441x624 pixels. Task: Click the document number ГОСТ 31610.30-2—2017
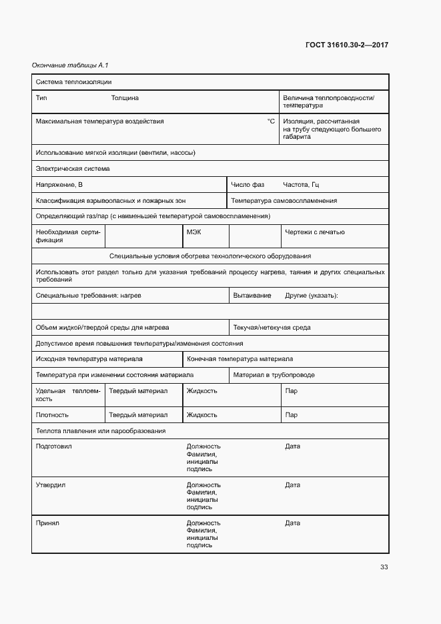click(x=347, y=45)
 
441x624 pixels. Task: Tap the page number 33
click(x=384, y=567)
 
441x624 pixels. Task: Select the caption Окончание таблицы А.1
click(x=70, y=65)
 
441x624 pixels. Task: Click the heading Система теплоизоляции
click(x=73, y=82)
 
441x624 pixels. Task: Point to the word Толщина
click(x=125, y=98)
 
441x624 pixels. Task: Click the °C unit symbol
click(x=271, y=121)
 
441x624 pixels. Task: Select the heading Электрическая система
click(x=73, y=169)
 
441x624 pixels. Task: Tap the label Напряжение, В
click(x=59, y=185)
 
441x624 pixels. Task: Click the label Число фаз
click(x=248, y=185)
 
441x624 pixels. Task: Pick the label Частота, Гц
click(x=306, y=185)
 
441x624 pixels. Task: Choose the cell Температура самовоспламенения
click(x=284, y=201)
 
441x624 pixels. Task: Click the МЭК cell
click(x=193, y=232)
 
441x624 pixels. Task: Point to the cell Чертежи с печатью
click(x=314, y=232)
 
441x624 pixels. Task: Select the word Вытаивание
click(x=252, y=296)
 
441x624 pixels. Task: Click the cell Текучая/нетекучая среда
click(x=271, y=328)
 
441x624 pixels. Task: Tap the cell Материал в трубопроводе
click(x=274, y=375)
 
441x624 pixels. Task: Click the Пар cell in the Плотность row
click(x=291, y=415)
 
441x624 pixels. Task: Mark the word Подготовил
click(x=53, y=446)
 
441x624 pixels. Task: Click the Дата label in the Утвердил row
click(x=292, y=485)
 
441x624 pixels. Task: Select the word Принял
click(x=47, y=523)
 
